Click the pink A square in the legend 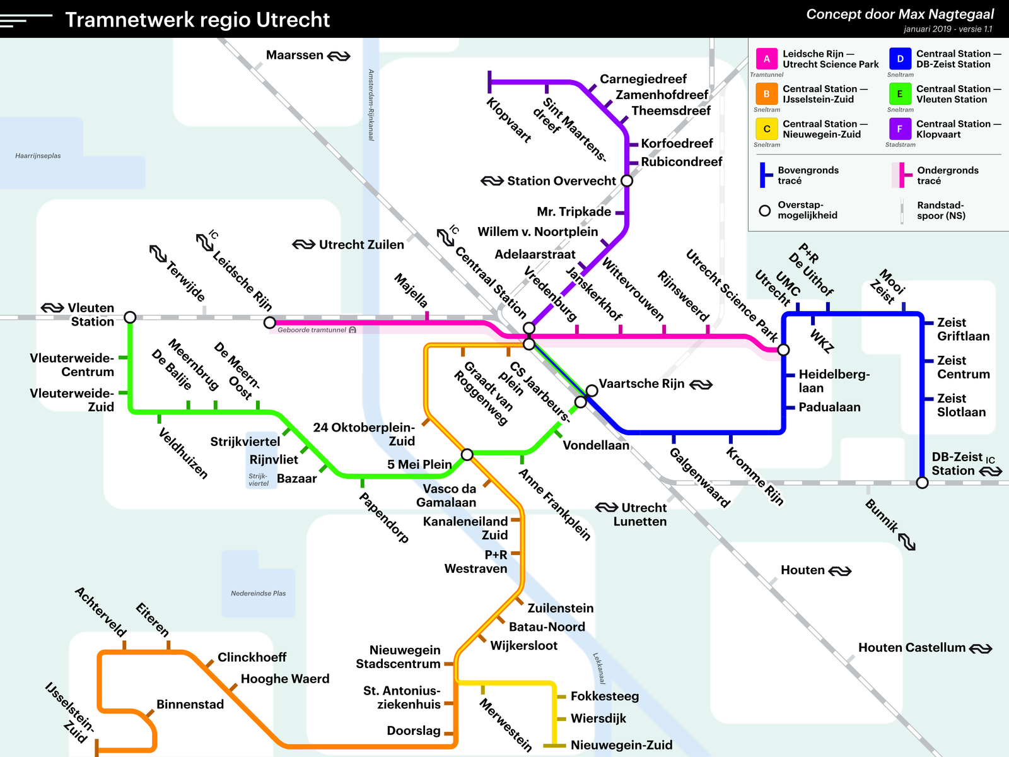coord(767,59)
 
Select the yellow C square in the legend coord(767,129)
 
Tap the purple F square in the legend coord(900,129)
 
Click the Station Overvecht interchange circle coord(627,180)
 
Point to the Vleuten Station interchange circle coord(130,317)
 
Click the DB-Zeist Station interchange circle coord(922,483)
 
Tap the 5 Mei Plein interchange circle coord(467,454)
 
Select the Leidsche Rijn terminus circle coord(269,322)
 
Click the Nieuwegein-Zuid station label coord(621,745)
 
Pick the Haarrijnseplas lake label coord(38,156)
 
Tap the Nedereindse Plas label coord(258,594)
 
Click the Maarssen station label coord(295,56)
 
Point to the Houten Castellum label coord(911,648)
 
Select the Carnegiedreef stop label coord(643,79)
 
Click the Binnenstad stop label coord(190,704)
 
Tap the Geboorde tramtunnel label coord(312,330)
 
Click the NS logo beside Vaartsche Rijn coord(701,384)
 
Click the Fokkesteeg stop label coord(604,696)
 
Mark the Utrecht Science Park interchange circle coord(783,349)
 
